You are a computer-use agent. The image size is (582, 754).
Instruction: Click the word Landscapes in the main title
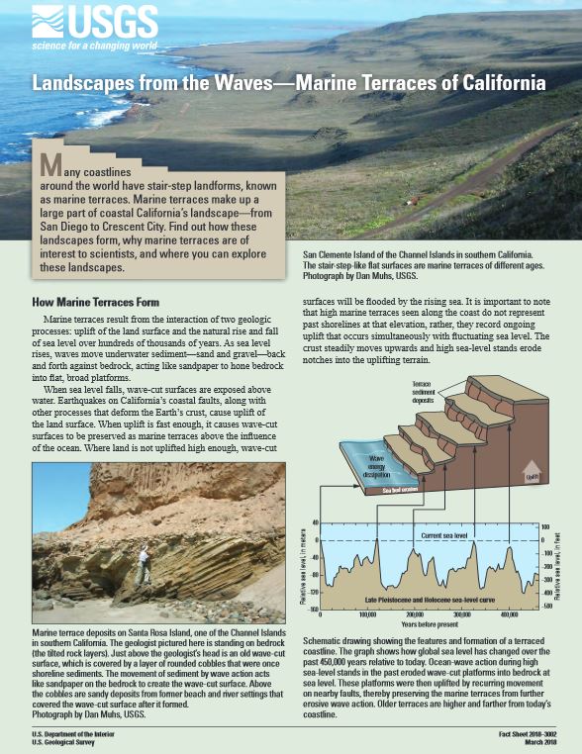[x=96, y=84]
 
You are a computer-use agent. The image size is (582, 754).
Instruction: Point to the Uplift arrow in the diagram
[x=532, y=473]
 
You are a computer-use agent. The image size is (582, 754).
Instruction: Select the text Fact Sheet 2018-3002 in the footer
[x=526, y=730]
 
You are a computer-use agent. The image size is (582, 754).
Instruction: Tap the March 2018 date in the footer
[x=543, y=739]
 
